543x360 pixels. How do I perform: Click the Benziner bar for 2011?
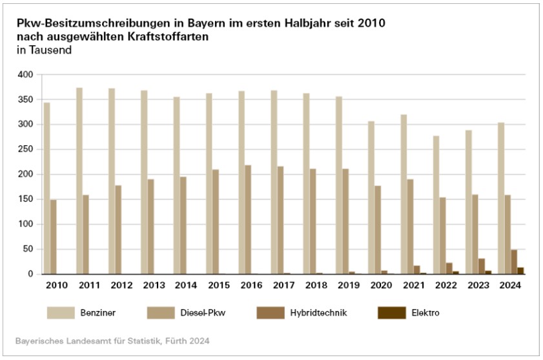tap(79, 181)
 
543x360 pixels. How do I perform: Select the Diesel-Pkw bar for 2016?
tap(248, 219)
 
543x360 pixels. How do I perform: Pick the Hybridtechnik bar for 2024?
tap(514, 262)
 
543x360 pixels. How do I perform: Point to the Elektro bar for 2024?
tap(520, 271)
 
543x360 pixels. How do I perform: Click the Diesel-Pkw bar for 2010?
tap(53, 237)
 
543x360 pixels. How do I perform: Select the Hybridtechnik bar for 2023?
tap(482, 266)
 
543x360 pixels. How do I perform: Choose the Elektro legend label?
tap(427, 314)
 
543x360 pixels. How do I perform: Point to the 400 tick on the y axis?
tap(25, 75)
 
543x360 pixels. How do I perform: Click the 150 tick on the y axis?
tap(25, 199)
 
